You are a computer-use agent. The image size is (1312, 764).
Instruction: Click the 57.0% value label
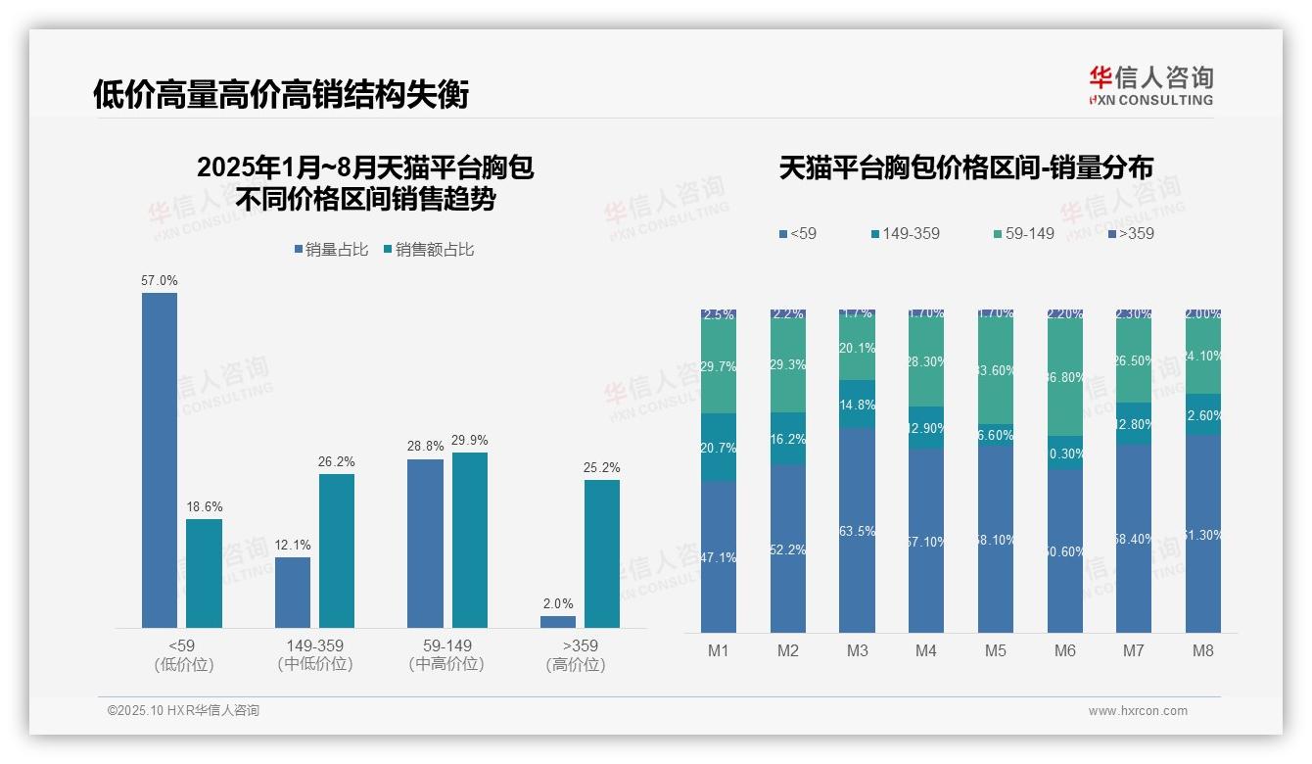(160, 281)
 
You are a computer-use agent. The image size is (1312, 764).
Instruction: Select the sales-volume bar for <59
(160, 460)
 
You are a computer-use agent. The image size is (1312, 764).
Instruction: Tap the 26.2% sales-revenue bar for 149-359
(337, 550)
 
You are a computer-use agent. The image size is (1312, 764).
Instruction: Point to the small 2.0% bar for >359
(558, 622)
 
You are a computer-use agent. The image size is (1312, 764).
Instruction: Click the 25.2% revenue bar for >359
(602, 553)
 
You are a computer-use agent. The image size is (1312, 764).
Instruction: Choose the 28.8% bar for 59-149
(425, 543)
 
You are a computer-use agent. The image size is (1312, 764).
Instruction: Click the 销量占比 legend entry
(331, 250)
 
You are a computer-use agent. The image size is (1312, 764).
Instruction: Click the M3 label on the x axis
(858, 651)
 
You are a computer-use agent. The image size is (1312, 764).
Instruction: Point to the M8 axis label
(1203, 651)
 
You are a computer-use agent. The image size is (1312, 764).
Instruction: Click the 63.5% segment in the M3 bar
(858, 530)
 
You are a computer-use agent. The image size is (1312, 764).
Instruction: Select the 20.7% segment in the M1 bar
(719, 447)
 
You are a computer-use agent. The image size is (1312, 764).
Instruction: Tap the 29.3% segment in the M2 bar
(788, 365)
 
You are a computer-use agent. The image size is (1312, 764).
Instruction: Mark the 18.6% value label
(205, 507)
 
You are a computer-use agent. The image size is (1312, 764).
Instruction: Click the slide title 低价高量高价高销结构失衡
(281, 95)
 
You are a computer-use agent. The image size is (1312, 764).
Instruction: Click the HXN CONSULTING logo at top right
(1150, 86)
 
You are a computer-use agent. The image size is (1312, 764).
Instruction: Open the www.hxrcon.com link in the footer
(1138, 711)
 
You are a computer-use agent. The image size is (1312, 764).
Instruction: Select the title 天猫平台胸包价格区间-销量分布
(965, 167)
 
